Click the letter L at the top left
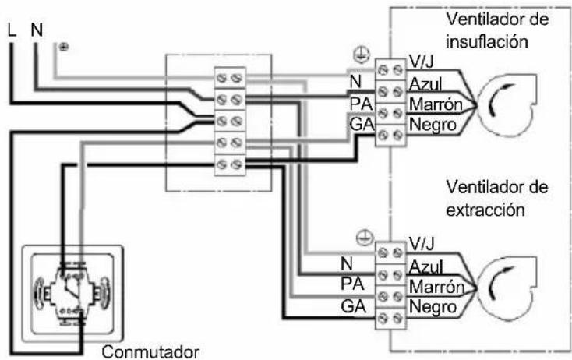[x=12, y=30]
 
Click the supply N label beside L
[x=37, y=30]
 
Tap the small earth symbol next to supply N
[x=64, y=47]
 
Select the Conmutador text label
[x=150, y=352]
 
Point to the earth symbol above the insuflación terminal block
[x=362, y=55]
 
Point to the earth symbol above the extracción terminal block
[x=365, y=238]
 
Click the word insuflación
[x=487, y=41]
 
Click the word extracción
[x=485, y=210]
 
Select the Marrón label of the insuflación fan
[x=436, y=104]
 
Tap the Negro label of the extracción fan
[x=433, y=307]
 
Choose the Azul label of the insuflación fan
[x=425, y=84]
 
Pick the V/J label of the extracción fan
[x=422, y=243]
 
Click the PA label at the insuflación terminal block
[x=361, y=104]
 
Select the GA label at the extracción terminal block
[x=353, y=306]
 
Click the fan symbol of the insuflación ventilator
[x=508, y=104]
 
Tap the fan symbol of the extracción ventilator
[x=508, y=288]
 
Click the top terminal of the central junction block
[x=229, y=78]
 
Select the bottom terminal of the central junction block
[x=229, y=165]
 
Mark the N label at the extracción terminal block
[x=347, y=263]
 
